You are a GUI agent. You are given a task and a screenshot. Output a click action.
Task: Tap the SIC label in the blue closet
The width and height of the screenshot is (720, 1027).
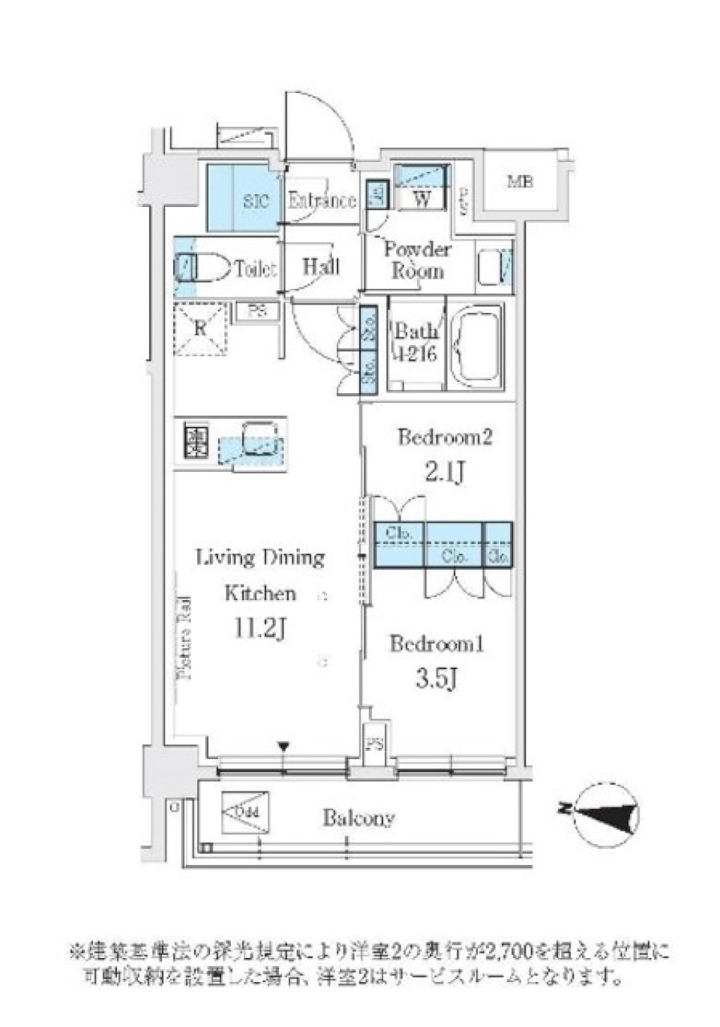pyautogui.click(x=256, y=201)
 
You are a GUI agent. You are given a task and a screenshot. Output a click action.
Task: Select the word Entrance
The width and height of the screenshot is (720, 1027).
pyautogui.click(x=322, y=200)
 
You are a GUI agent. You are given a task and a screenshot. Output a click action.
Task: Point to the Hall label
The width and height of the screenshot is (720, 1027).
pyautogui.click(x=321, y=266)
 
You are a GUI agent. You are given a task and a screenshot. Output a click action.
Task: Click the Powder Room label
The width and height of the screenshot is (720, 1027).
pyautogui.click(x=417, y=260)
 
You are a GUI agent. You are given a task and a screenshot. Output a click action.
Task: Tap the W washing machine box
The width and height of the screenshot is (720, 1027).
pyautogui.click(x=422, y=199)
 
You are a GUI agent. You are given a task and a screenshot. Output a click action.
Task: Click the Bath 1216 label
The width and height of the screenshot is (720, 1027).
pyautogui.click(x=415, y=343)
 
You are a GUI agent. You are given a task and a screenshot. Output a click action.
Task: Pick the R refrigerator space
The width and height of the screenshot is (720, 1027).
pyautogui.click(x=200, y=329)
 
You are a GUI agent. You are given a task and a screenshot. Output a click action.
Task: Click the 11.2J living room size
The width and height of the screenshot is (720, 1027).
pyautogui.click(x=259, y=629)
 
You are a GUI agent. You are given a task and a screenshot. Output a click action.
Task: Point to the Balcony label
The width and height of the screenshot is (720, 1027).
pyautogui.click(x=358, y=818)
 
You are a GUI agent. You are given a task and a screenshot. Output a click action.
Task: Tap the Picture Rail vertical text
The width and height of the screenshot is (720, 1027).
pyautogui.click(x=185, y=637)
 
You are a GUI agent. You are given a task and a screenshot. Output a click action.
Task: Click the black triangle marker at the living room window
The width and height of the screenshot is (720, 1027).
pyautogui.click(x=283, y=746)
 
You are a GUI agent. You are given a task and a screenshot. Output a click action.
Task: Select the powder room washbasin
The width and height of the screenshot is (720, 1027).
pyautogui.click(x=493, y=266)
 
